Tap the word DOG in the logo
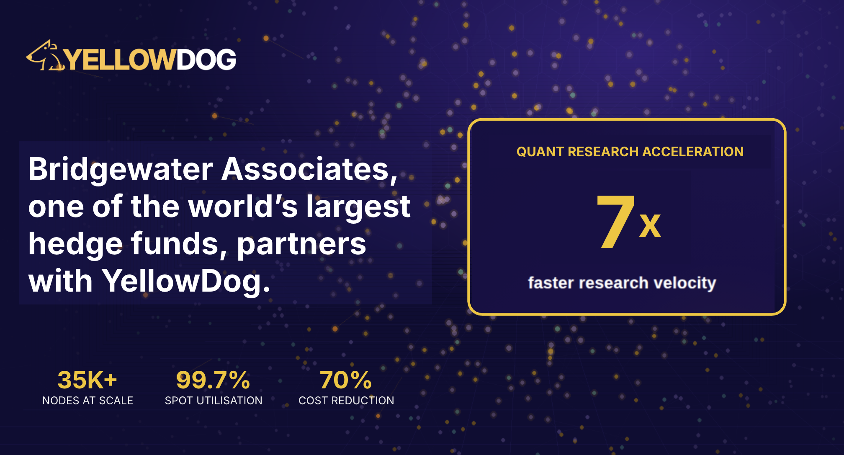[206, 59]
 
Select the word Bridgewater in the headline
[121, 169]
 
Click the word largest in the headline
[358, 207]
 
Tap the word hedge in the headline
[75, 245]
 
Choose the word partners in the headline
[301, 245]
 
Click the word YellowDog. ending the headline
[186, 281]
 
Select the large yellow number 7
[615, 222]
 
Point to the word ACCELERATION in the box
[693, 152]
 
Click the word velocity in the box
[685, 283]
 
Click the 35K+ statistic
[87, 380]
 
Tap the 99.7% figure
[213, 380]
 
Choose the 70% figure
[346, 380]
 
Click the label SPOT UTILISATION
[214, 401]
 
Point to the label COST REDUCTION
[346, 401]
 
